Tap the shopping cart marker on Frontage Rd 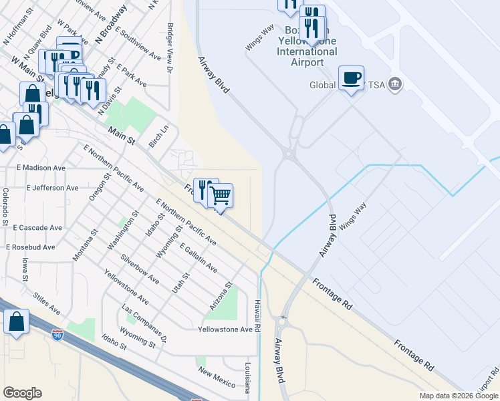[x=220, y=196]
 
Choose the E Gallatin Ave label [x=197, y=259]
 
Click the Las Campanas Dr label [x=144, y=325]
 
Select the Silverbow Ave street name [x=140, y=269]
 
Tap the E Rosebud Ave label [x=31, y=247]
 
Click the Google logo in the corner [x=22, y=393]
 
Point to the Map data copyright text [x=458, y=396]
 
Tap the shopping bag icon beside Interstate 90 [x=16, y=321]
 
